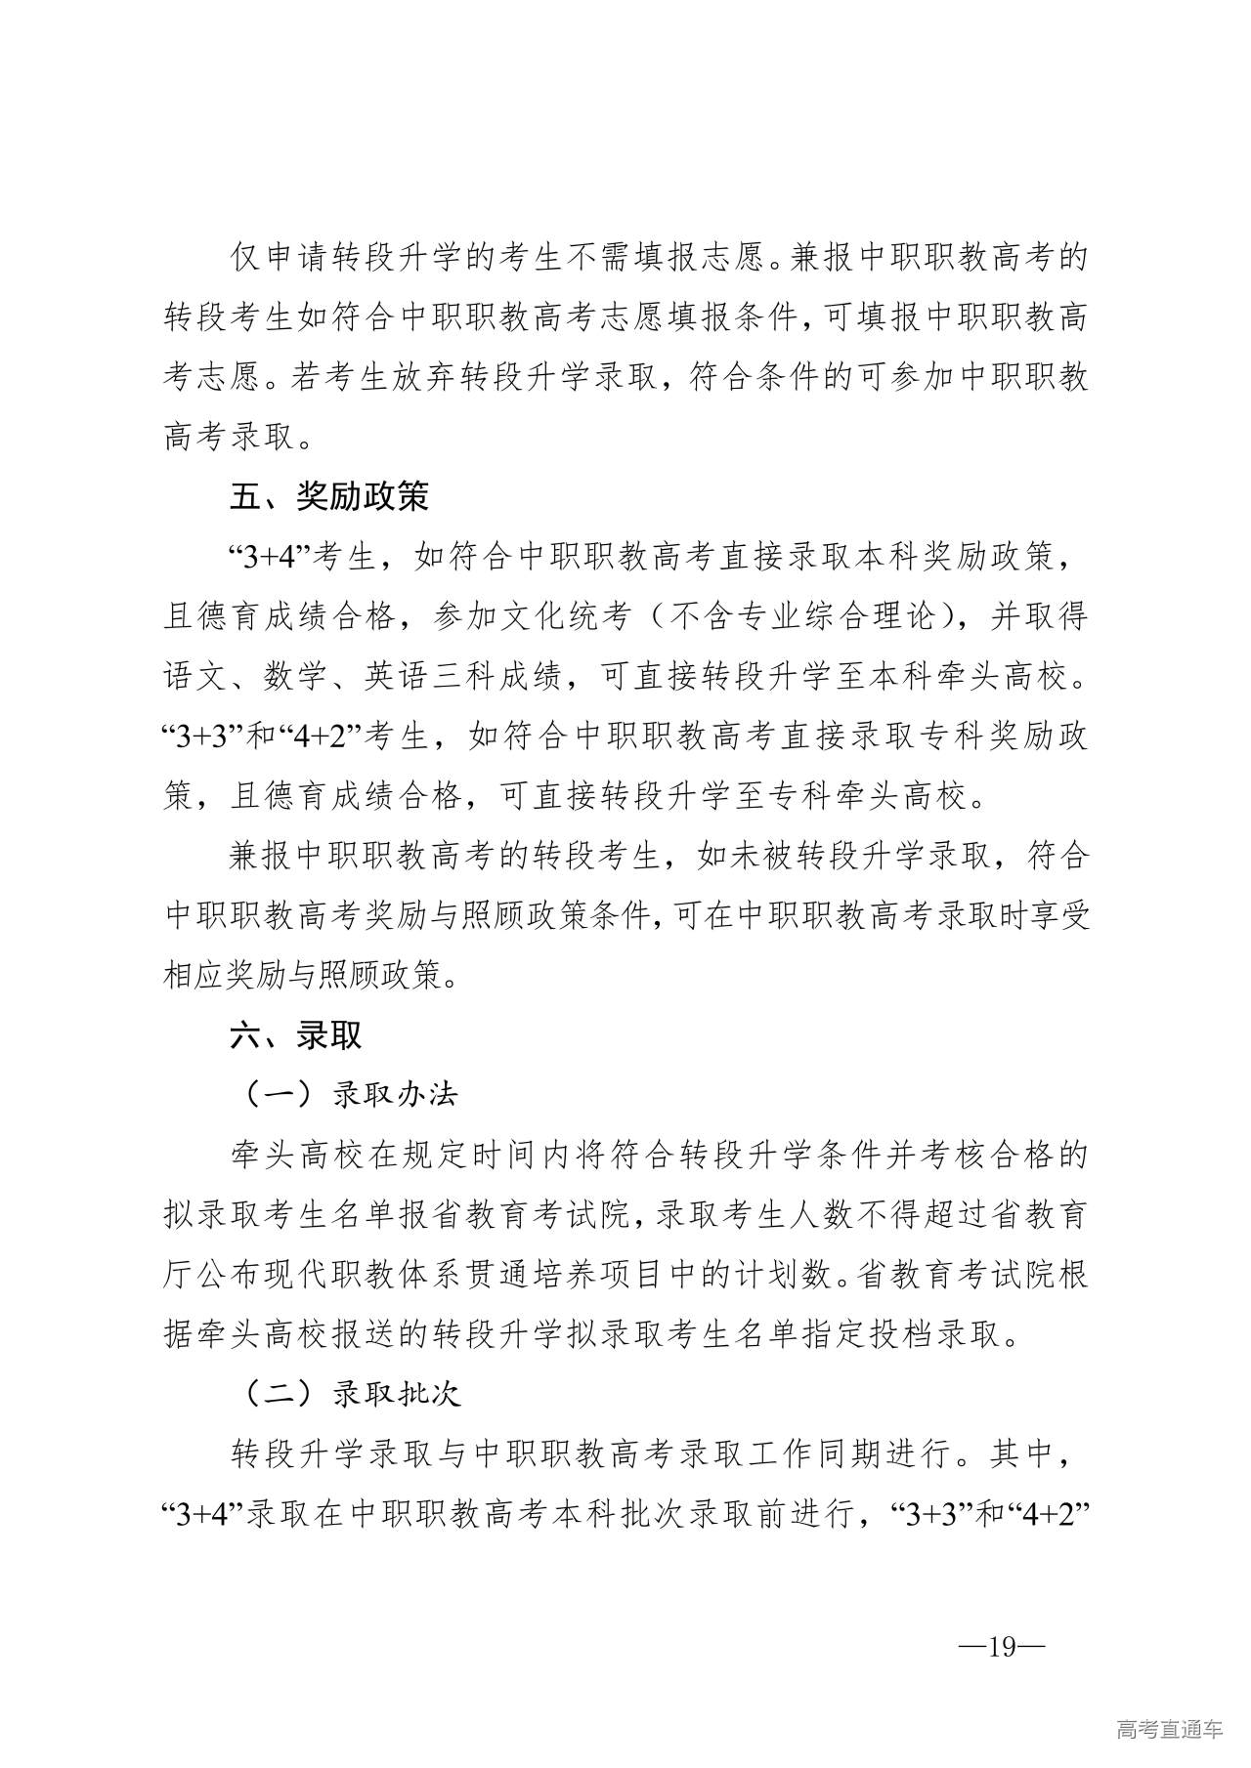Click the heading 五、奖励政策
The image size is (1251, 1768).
329,497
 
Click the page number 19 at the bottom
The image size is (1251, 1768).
1002,1646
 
